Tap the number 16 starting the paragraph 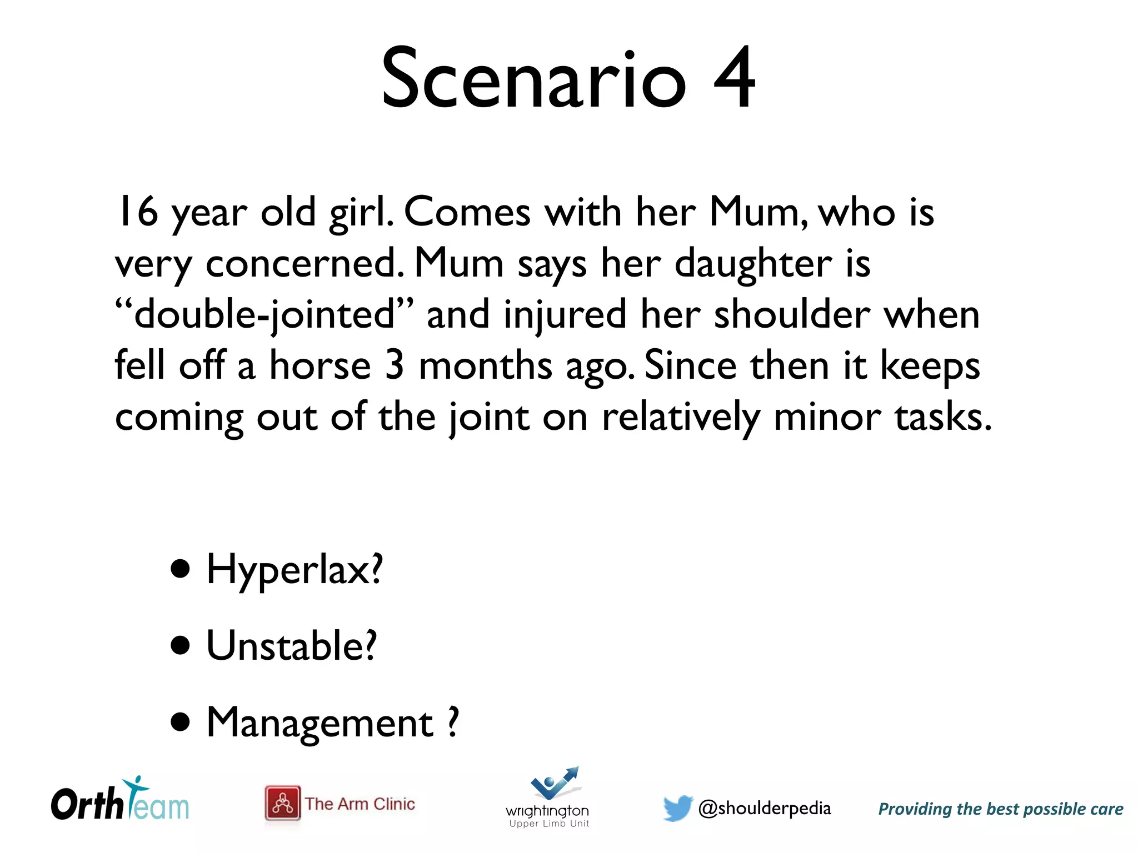(x=137, y=212)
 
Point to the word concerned (x=303, y=263)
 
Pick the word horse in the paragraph (x=320, y=366)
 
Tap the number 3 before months (x=394, y=365)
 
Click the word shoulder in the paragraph (x=791, y=314)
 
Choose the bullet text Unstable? (x=292, y=646)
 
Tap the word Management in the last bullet (x=320, y=723)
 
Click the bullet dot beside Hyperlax (x=181, y=569)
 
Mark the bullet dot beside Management (x=181, y=723)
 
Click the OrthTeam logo (x=120, y=800)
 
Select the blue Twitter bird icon (x=677, y=807)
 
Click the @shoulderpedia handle (x=764, y=809)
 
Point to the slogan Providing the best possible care (x=1000, y=809)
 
